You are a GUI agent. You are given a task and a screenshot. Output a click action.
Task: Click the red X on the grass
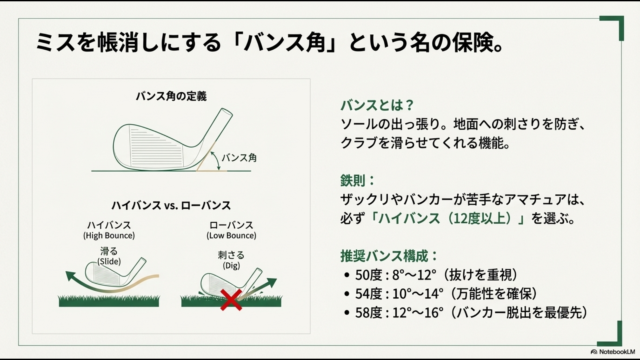coord(231,300)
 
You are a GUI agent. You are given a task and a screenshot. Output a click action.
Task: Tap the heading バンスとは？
coord(377,105)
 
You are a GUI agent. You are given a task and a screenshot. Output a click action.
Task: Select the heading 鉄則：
coord(357,181)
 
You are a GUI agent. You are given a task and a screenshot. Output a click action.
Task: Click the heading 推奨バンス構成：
coord(389,256)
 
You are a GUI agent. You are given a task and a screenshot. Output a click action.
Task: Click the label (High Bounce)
coord(109,236)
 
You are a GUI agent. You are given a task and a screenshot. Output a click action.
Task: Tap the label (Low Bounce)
coord(231,236)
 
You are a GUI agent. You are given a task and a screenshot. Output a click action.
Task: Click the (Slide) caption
coord(109,261)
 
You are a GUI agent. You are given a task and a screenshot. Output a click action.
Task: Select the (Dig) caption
coord(231,266)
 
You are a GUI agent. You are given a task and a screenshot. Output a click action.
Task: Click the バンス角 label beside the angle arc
coord(239,158)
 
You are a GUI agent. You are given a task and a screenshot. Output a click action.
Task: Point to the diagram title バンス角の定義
coord(171,96)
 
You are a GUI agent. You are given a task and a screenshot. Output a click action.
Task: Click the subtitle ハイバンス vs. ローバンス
coord(171,205)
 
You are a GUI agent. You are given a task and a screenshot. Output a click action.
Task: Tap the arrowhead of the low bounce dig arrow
coord(273,282)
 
